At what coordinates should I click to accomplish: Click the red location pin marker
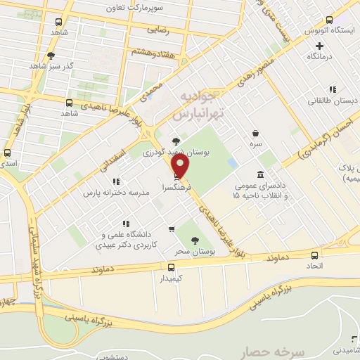[x=181, y=166]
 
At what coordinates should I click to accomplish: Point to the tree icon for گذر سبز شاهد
[x=51, y=56]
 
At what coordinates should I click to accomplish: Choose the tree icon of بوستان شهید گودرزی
[x=166, y=141]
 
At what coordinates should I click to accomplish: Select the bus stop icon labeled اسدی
[x=8, y=153]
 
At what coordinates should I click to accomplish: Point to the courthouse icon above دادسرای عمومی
[x=261, y=174]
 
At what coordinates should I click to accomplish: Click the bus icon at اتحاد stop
[x=314, y=255]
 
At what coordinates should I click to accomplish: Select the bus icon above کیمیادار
[x=171, y=266]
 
